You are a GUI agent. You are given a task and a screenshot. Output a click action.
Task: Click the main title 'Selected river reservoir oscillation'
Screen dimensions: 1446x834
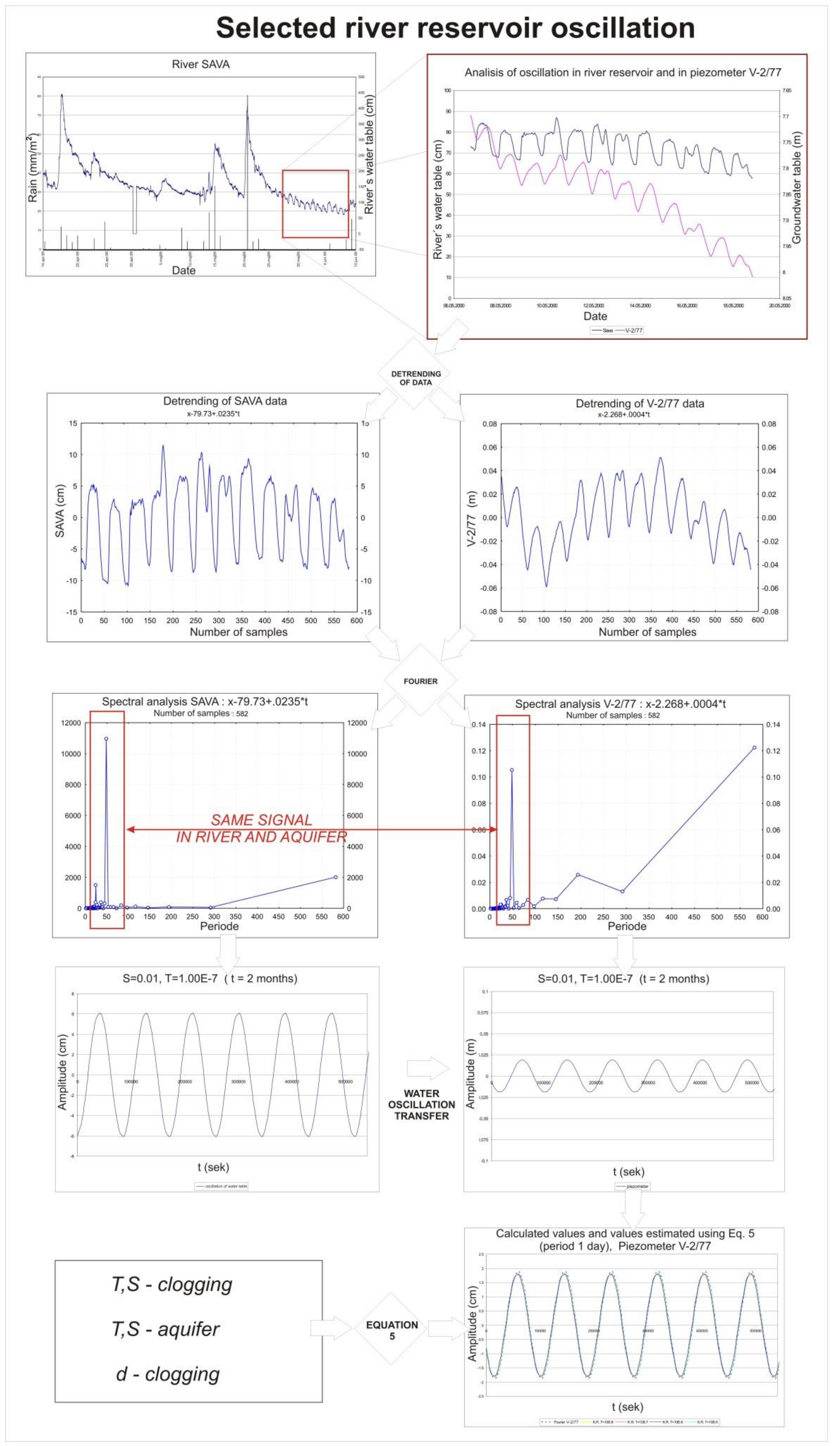(x=455, y=27)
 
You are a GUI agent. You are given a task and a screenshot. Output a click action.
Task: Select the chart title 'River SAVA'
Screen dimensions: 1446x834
(x=201, y=64)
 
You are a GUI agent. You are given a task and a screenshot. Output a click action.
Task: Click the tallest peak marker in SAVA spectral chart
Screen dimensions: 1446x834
(x=106, y=739)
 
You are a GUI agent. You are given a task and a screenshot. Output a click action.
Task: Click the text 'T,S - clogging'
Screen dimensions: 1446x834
(x=172, y=1284)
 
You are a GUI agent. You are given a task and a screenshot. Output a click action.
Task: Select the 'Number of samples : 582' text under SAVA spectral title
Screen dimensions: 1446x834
(x=201, y=714)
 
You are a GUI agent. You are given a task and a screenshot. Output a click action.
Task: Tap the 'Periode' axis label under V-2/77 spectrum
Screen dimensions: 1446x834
(x=627, y=926)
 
